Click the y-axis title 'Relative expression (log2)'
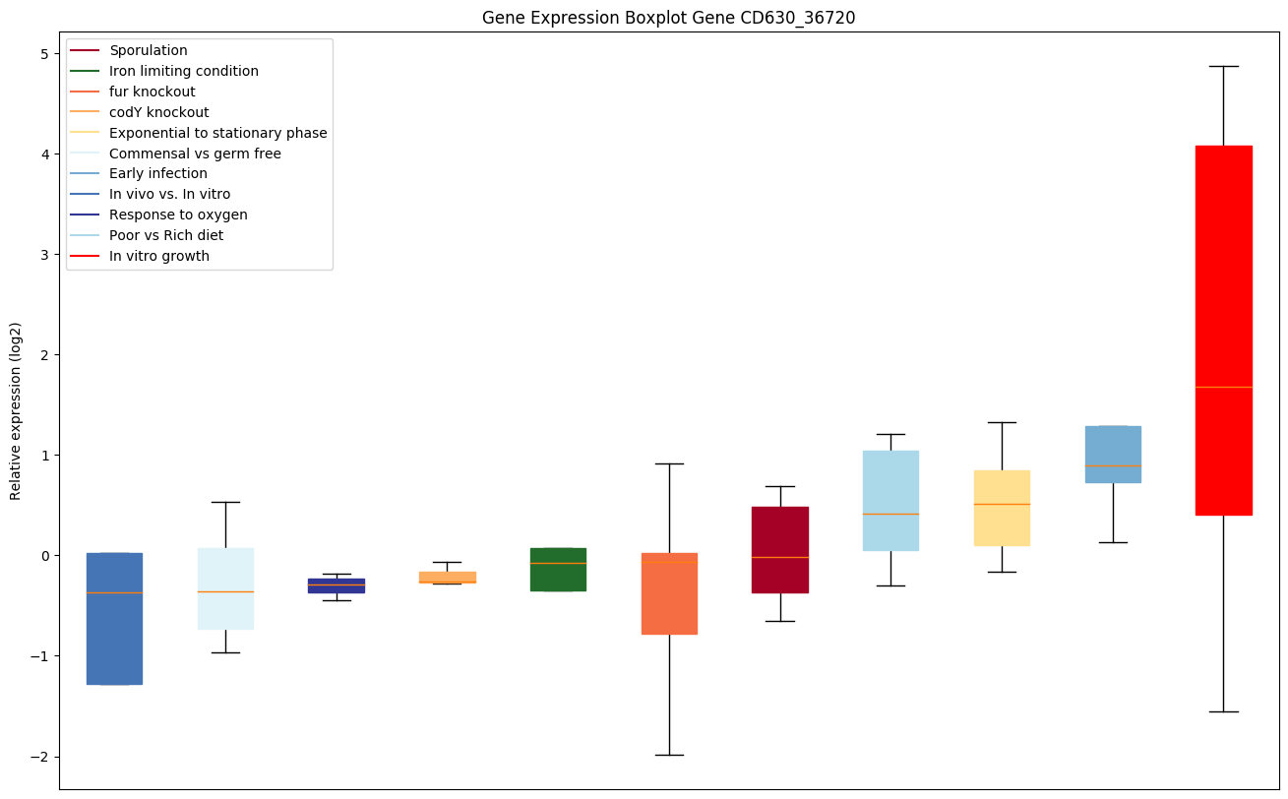point(16,410)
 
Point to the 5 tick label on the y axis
point(44,53)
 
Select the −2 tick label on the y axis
point(40,757)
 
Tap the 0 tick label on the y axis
point(44,556)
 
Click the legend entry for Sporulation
point(149,50)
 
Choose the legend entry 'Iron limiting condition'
point(184,71)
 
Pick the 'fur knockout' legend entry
point(153,92)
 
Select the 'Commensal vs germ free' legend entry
point(195,154)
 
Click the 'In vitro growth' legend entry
point(159,256)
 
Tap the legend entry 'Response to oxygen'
point(178,215)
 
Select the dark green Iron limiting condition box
point(558,570)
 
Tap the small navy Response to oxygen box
point(336,585)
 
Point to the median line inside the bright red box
point(1223,387)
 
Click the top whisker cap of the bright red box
point(1223,66)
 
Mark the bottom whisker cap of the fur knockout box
point(669,755)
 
